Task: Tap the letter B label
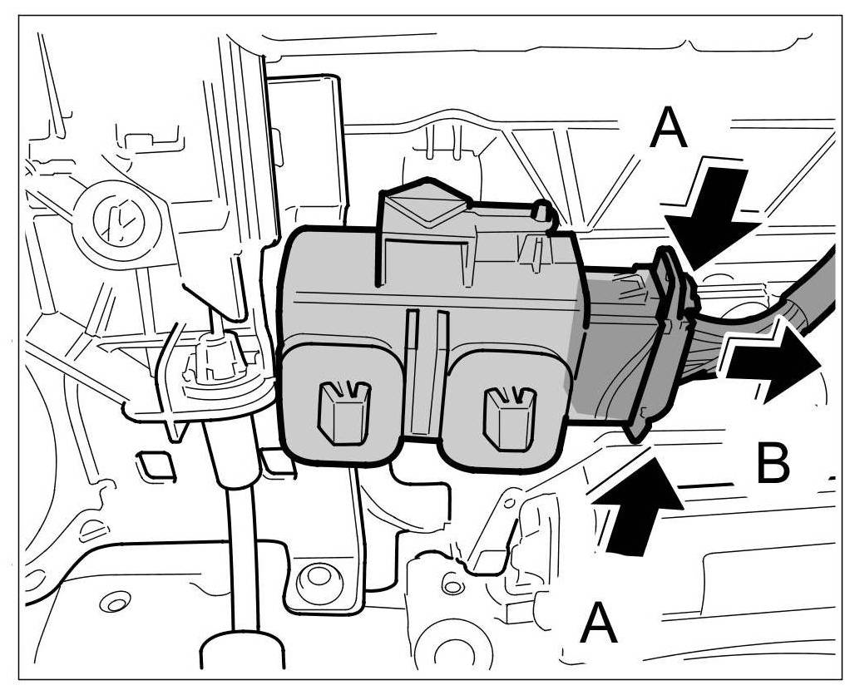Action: pos(773,464)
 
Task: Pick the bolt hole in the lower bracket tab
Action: pos(316,576)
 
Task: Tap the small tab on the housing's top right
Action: pos(542,213)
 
